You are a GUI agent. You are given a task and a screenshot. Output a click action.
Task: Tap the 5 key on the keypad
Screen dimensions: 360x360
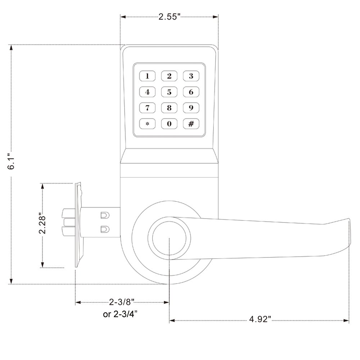(169, 92)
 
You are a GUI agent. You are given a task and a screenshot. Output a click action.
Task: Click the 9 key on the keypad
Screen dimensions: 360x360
(191, 108)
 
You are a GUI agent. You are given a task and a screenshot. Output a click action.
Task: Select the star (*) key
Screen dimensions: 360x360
(147, 124)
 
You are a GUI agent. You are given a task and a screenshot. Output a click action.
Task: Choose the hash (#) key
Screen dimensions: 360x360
(191, 124)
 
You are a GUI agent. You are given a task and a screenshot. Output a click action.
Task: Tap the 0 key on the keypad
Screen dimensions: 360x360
(169, 124)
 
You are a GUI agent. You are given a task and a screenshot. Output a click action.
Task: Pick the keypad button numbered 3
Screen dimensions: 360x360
(191, 76)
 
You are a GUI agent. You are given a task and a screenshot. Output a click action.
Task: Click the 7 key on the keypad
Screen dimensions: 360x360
(147, 108)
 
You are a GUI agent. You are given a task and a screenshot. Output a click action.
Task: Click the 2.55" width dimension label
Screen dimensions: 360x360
(170, 17)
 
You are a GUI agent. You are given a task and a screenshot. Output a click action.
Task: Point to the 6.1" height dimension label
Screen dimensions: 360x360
(11, 161)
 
